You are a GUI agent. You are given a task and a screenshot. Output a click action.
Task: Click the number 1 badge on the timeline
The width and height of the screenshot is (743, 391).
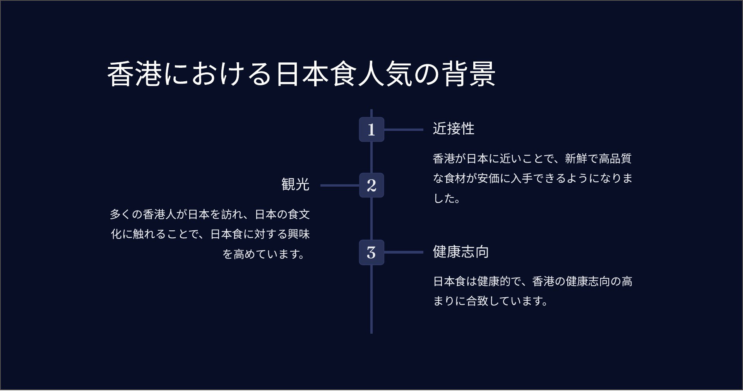pyautogui.click(x=371, y=129)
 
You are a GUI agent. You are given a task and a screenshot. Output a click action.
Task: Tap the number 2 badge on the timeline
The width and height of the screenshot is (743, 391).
pyautogui.click(x=371, y=185)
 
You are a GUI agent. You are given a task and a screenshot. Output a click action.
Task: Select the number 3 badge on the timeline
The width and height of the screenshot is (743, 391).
pyautogui.click(x=371, y=252)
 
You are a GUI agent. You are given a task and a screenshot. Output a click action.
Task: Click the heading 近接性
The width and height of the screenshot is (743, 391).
pyautogui.click(x=454, y=129)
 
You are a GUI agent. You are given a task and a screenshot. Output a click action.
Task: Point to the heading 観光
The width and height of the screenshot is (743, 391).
pyautogui.click(x=296, y=184)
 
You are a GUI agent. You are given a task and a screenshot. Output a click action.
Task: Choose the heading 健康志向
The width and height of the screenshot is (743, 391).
pyautogui.click(x=461, y=252)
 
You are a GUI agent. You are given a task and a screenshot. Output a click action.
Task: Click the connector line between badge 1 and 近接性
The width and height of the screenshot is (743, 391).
pyautogui.click(x=404, y=130)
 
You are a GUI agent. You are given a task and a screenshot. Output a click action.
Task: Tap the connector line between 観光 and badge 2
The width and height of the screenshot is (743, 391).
pyautogui.click(x=340, y=185)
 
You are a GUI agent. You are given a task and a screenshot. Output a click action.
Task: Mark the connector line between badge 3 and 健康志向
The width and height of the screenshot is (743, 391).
pyautogui.click(x=404, y=252)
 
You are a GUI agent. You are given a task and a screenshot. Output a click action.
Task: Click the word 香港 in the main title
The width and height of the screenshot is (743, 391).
pyautogui.click(x=134, y=74)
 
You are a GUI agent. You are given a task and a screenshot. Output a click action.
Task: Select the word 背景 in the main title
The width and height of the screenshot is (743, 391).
pyautogui.click(x=469, y=74)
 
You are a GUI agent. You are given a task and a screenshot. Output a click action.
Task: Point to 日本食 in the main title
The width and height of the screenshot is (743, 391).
pyautogui.click(x=316, y=74)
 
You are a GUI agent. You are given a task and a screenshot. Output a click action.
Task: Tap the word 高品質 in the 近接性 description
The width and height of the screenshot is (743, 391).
pyautogui.click(x=615, y=158)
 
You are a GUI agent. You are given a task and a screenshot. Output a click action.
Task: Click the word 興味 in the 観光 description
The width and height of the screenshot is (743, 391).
pyautogui.click(x=299, y=234)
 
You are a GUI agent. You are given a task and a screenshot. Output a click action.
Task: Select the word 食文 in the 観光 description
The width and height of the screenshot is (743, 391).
pyautogui.click(x=299, y=214)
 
